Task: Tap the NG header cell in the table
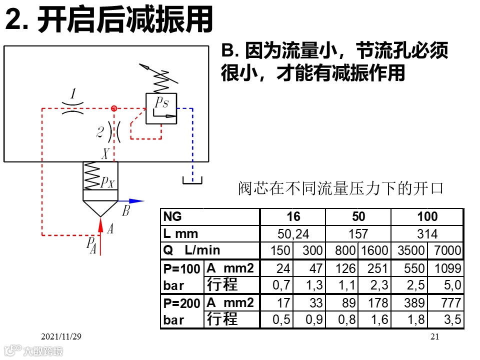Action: click(172, 216)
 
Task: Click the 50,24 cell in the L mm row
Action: click(293, 234)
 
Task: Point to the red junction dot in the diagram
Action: click(114, 108)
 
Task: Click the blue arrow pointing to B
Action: click(131, 201)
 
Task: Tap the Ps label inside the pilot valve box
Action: click(161, 103)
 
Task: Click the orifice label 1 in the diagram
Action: click(73, 94)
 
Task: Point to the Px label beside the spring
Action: click(107, 182)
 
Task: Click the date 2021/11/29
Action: click(61, 337)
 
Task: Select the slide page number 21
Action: click(434, 337)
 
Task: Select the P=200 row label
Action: click(182, 303)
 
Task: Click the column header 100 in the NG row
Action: click(427, 216)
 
